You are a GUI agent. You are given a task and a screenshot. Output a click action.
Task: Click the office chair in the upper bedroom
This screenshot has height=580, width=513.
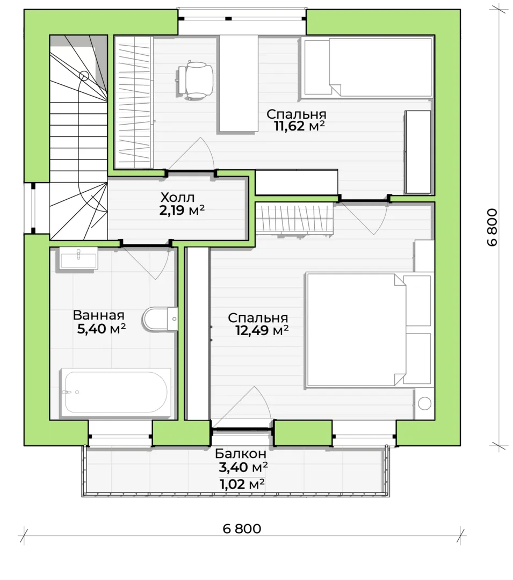[194, 80]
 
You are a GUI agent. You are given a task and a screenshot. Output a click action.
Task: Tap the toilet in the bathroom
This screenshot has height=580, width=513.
[160, 319]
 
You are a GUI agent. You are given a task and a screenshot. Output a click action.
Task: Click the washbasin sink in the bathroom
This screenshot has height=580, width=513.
[78, 258]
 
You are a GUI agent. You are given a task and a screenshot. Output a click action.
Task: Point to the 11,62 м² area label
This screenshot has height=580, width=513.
[299, 126]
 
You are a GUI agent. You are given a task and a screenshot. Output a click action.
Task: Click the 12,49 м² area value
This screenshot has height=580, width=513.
[262, 330]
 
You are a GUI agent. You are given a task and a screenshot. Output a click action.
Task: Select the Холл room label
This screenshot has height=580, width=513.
[177, 197]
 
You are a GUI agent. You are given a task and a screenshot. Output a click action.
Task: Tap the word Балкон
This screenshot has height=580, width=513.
[241, 453]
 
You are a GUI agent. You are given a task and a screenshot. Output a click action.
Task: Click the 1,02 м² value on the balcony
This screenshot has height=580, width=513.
[242, 484]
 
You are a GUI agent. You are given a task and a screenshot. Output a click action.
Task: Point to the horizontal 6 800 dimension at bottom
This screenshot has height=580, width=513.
[242, 528]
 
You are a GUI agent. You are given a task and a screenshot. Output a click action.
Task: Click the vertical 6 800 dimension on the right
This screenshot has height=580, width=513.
[492, 228]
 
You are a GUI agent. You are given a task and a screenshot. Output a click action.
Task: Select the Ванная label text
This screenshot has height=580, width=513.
[98, 315]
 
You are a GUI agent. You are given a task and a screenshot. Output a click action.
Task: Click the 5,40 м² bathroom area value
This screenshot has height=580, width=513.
[102, 329]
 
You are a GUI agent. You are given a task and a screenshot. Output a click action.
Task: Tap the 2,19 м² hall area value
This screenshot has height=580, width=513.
[182, 211]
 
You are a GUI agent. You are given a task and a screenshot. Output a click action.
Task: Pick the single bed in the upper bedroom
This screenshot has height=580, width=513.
[367, 67]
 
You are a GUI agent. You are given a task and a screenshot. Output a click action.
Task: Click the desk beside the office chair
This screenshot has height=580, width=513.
[239, 83]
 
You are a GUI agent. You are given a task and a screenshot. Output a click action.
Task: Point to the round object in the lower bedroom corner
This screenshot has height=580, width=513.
[424, 403]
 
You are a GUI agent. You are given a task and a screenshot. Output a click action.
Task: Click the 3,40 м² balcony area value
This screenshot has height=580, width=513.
[243, 468]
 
